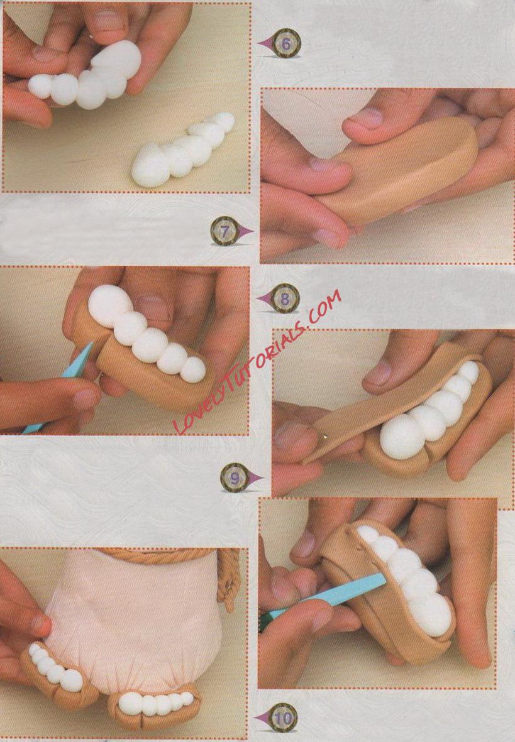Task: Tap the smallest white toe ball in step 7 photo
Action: click(193, 369)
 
